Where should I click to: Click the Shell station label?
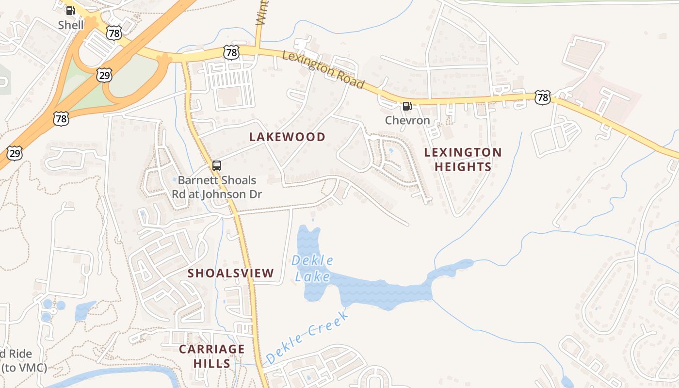(x=71, y=25)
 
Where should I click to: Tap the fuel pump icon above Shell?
(x=71, y=10)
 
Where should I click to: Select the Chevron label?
(x=407, y=120)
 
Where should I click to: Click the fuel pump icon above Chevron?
(x=407, y=106)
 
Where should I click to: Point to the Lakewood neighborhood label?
(x=287, y=137)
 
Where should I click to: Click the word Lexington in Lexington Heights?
(x=463, y=152)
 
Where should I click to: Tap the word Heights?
(x=463, y=167)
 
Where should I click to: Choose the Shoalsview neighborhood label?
(x=231, y=273)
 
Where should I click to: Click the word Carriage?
(x=212, y=349)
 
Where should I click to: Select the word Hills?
(x=212, y=363)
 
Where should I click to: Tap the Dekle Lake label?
(x=312, y=268)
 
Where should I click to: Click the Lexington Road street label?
(x=323, y=70)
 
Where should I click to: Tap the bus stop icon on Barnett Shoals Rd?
(x=217, y=165)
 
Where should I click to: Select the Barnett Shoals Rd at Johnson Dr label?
(x=217, y=187)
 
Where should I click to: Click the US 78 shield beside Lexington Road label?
(x=232, y=52)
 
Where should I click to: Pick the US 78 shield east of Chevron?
(x=543, y=97)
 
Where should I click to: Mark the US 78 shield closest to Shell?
(x=113, y=33)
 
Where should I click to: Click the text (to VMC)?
(x=24, y=367)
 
